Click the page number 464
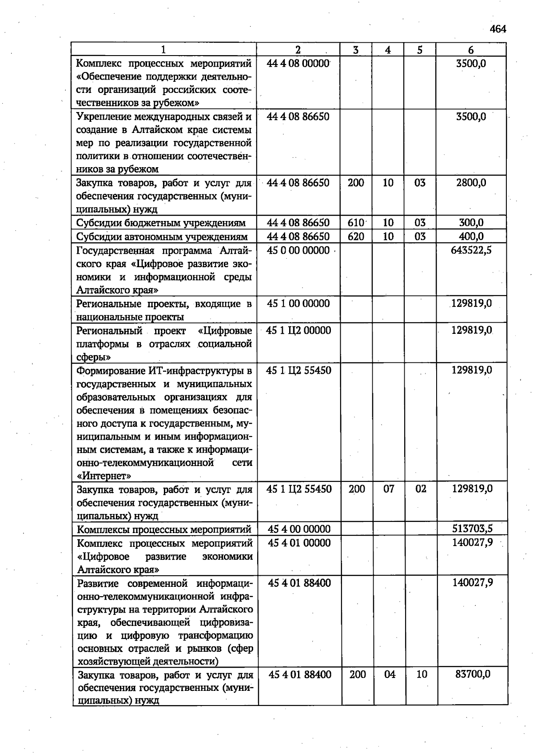click(498, 29)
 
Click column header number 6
click(471, 50)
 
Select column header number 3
click(356, 50)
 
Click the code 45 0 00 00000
click(298, 250)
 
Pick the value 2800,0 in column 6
click(471, 183)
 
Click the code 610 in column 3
click(356, 223)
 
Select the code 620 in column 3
click(356, 237)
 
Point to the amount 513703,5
click(472, 529)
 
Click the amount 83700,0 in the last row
click(473, 674)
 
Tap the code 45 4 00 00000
click(299, 529)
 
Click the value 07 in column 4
click(389, 489)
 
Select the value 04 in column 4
click(390, 674)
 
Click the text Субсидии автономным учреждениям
click(162, 237)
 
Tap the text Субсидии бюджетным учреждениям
click(161, 223)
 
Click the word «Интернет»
click(104, 476)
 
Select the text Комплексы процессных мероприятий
click(164, 529)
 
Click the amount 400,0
click(471, 237)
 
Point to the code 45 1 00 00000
click(298, 304)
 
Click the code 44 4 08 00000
click(298, 64)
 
